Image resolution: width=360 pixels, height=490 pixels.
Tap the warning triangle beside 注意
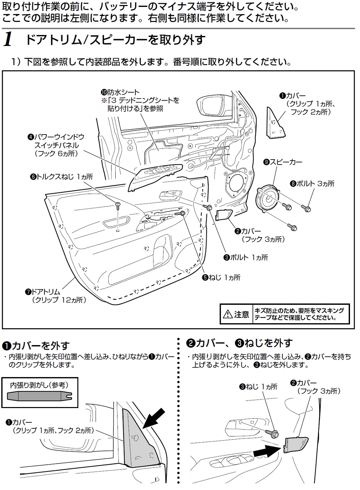point(228,314)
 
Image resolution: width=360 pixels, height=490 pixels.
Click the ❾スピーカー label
point(283,162)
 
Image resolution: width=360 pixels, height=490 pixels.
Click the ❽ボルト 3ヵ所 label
point(312,184)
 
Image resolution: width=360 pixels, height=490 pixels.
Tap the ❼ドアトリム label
point(43,292)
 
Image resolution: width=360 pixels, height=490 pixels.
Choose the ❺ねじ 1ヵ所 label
point(221,277)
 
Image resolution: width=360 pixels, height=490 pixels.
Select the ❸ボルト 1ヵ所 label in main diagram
point(246,257)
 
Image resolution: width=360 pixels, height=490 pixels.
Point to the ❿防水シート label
point(120,92)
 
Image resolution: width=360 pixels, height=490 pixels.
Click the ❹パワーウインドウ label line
point(56,137)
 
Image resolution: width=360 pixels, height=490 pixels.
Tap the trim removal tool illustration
point(40,396)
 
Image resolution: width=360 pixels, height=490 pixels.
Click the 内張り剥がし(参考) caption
point(39,385)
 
